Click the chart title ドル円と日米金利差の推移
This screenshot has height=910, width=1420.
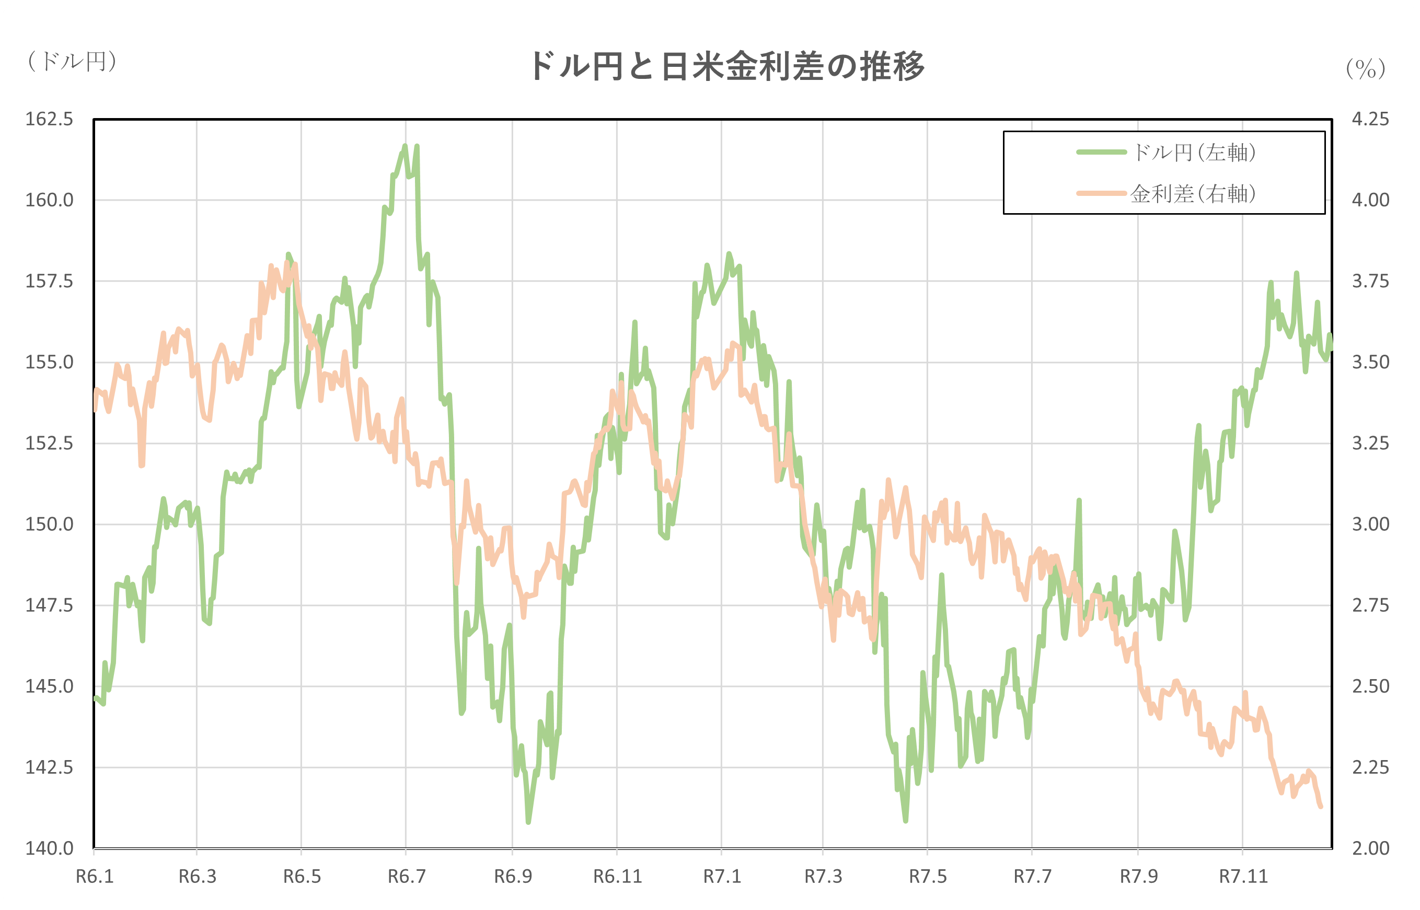coord(726,66)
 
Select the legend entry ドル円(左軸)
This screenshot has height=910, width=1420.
coord(1194,153)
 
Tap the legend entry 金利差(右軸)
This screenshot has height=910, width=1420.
coord(1194,194)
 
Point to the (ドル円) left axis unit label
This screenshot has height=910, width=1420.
coord(72,61)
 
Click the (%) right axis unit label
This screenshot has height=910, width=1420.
coord(1366,69)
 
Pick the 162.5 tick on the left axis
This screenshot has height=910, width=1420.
coord(49,119)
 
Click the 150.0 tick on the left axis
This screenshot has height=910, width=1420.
coord(49,524)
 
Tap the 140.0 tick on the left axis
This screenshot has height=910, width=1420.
coord(49,848)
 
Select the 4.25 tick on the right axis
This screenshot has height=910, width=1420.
coord(1370,119)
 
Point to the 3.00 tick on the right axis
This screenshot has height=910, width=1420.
coord(1370,524)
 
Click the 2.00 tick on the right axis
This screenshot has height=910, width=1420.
coord(1370,848)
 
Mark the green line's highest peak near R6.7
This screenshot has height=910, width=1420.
coord(405,145)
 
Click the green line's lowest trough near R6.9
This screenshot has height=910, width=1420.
coord(528,822)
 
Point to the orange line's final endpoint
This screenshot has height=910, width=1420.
coord(1321,807)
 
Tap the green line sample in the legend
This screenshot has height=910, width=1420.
coord(1101,153)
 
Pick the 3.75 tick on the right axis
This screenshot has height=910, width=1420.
coord(1370,281)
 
